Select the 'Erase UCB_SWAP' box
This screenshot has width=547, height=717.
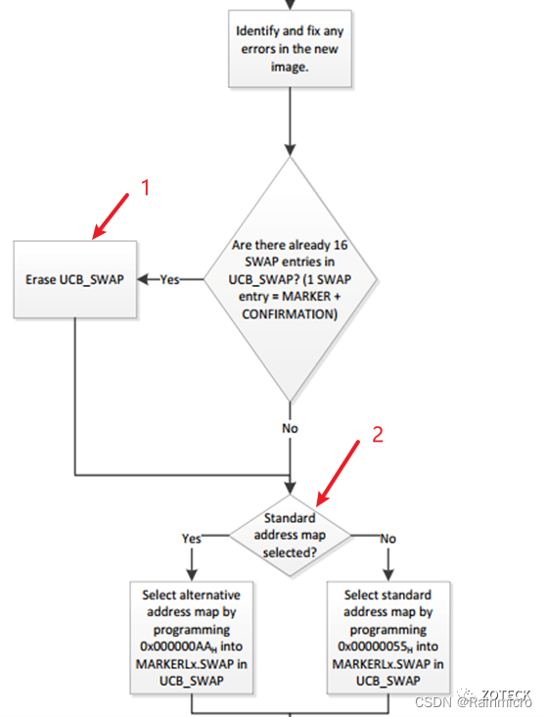coord(74,279)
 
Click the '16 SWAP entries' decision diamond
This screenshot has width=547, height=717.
coord(289,278)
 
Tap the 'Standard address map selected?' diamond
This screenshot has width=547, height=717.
coord(290,535)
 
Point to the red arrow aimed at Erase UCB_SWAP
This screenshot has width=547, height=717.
coord(112,215)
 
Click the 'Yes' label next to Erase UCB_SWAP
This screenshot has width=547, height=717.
coord(169,279)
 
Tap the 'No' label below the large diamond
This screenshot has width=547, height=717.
coord(290,428)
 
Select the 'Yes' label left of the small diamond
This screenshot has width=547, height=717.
coord(192,538)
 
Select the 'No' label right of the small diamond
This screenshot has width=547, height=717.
coord(387,538)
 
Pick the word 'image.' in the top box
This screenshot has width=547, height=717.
coord(289,67)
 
